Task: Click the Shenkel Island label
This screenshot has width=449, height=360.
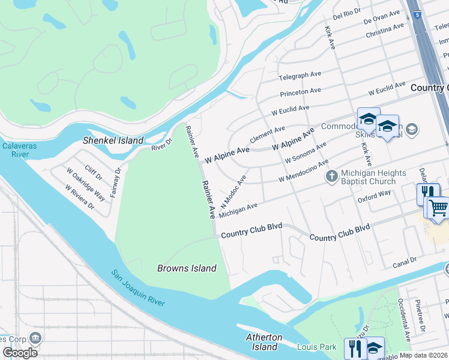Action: pos(113,140)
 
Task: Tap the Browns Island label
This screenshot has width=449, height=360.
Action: pos(187,268)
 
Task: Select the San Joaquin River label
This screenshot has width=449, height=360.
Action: pos(138,289)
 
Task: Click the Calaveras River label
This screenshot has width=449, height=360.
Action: pos(14,150)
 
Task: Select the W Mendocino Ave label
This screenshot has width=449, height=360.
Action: pos(303,171)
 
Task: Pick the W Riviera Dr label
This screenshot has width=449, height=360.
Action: pos(80,197)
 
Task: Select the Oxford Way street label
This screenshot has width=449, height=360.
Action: pos(374,196)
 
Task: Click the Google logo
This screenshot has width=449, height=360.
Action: pos(20,353)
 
